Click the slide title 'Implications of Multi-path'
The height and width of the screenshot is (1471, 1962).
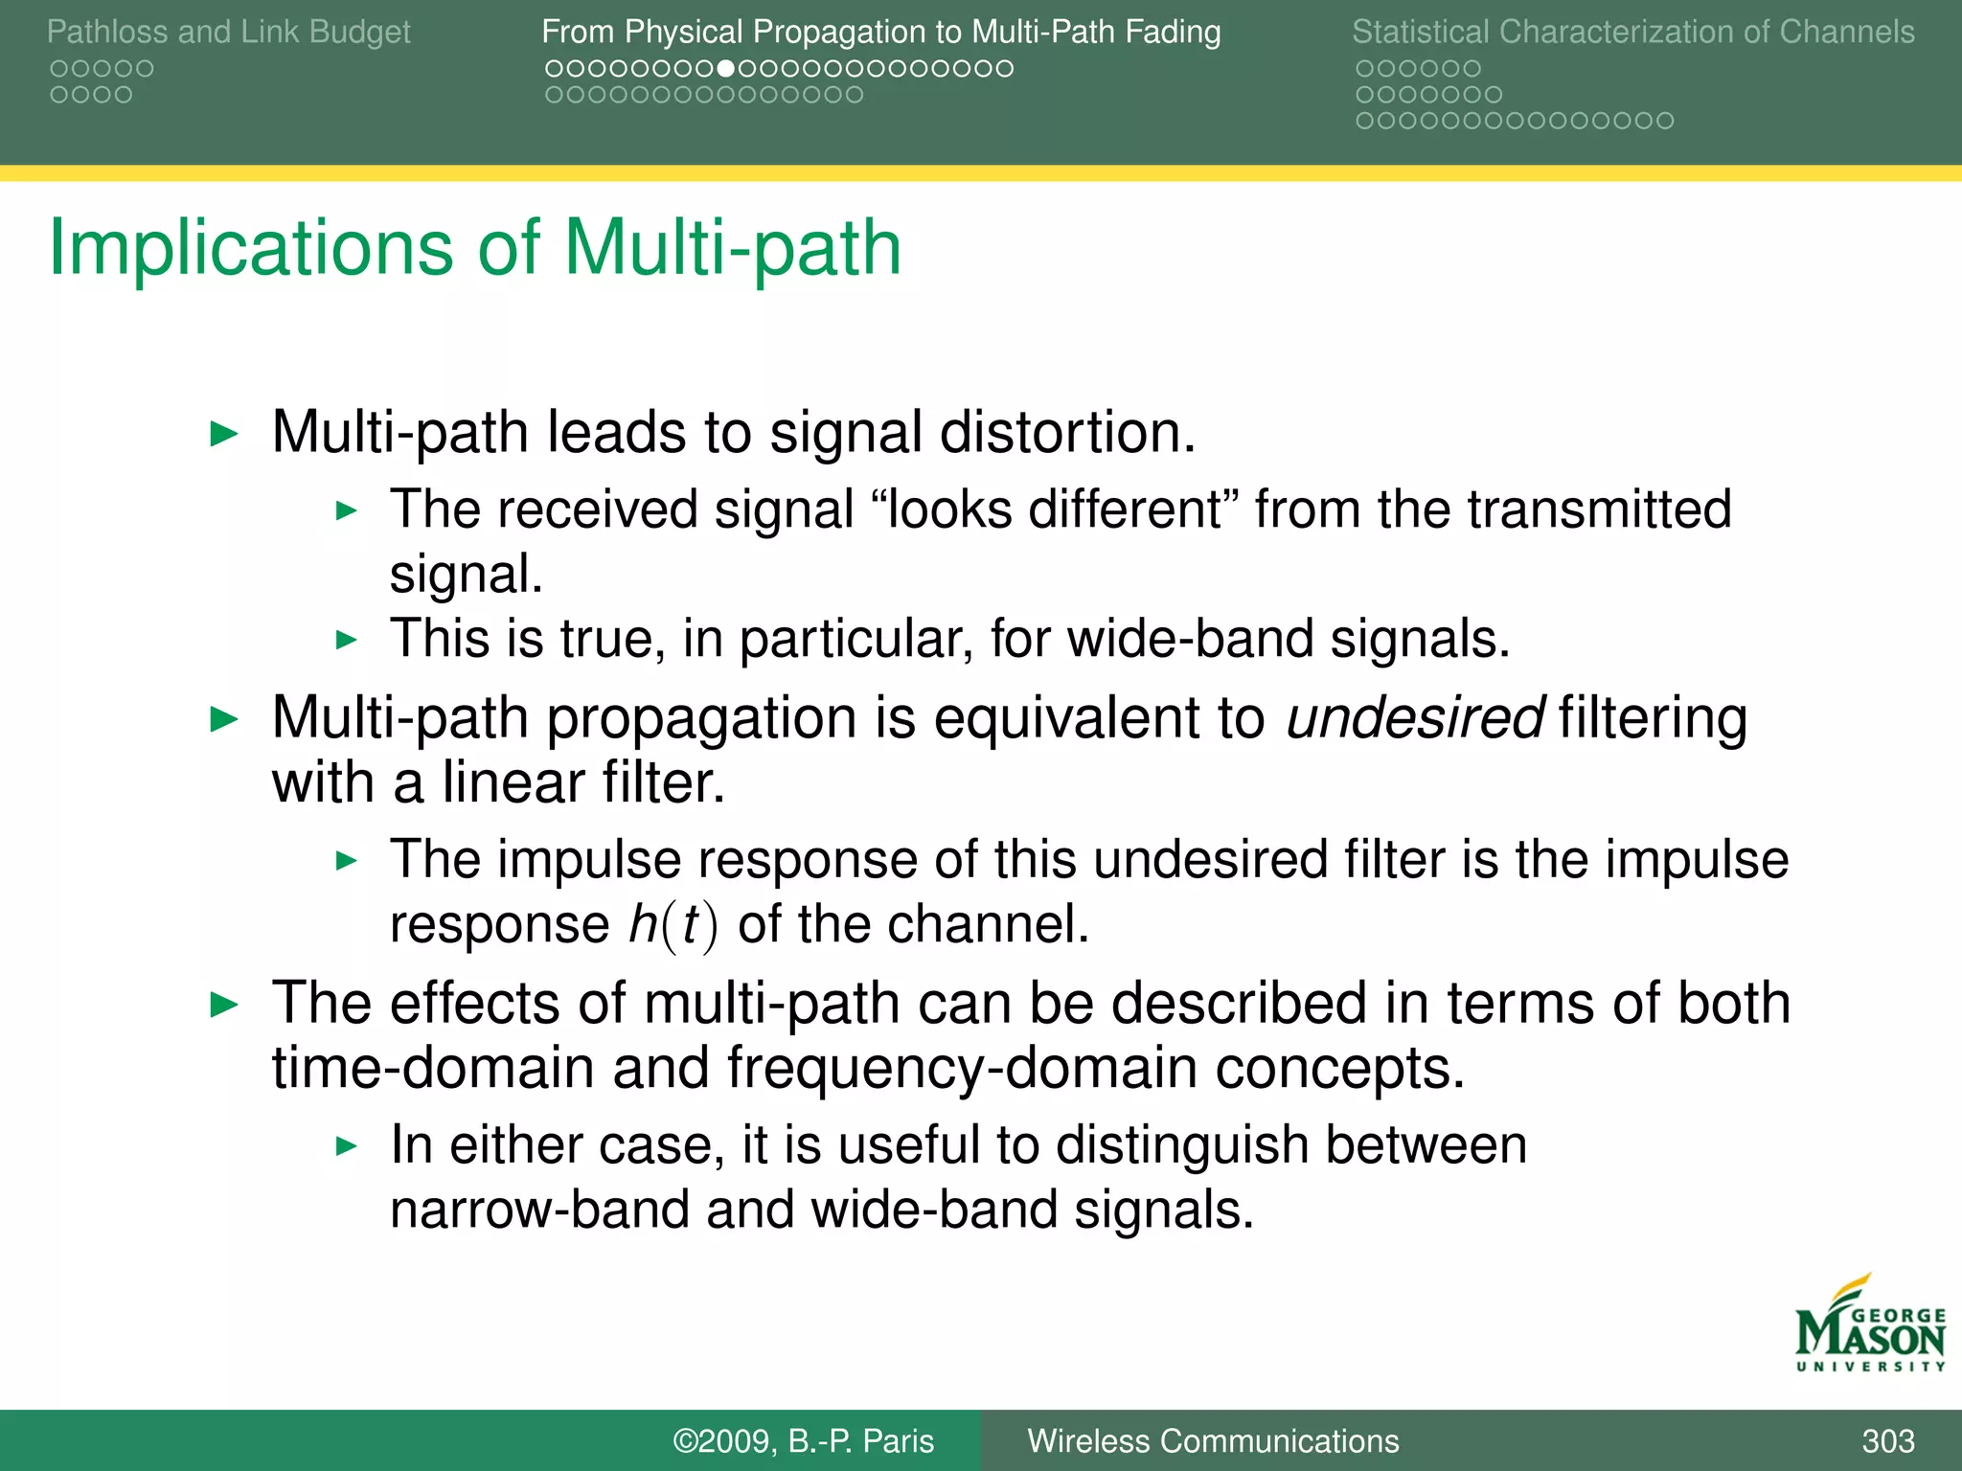pyautogui.click(x=475, y=248)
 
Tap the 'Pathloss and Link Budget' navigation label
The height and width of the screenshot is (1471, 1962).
pyautogui.click(x=228, y=32)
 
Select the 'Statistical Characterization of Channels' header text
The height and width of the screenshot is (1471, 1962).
pyautogui.click(x=1632, y=32)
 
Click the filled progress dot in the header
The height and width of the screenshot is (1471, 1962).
pyautogui.click(x=726, y=68)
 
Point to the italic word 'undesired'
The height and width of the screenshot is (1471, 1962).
pyautogui.click(x=1414, y=718)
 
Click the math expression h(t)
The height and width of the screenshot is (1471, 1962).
pyautogui.click(x=673, y=925)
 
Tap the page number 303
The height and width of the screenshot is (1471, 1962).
pyautogui.click(x=1887, y=1440)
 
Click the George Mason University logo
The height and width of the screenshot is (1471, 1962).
pyautogui.click(x=1869, y=1325)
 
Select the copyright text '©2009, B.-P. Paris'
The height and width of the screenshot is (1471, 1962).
pyautogui.click(x=803, y=1440)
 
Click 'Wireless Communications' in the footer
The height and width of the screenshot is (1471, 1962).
pyautogui.click(x=1213, y=1440)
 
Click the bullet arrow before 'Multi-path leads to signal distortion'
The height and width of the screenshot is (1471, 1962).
pyautogui.click(x=223, y=434)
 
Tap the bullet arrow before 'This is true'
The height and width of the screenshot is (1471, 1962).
pyautogui.click(x=346, y=640)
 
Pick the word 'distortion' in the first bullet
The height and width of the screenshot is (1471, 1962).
pyautogui.click(x=1067, y=432)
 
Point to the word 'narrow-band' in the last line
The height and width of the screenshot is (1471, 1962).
pyautogui.click(x=539, y=1210)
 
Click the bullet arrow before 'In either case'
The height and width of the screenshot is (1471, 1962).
pyautogui.click(x=346, y=1145)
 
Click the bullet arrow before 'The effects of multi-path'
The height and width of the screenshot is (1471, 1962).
pyautogui.click(x=223, y=1005)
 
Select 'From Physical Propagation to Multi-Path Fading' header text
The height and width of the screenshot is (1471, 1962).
pyautogui.click(x=880, y=32)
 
